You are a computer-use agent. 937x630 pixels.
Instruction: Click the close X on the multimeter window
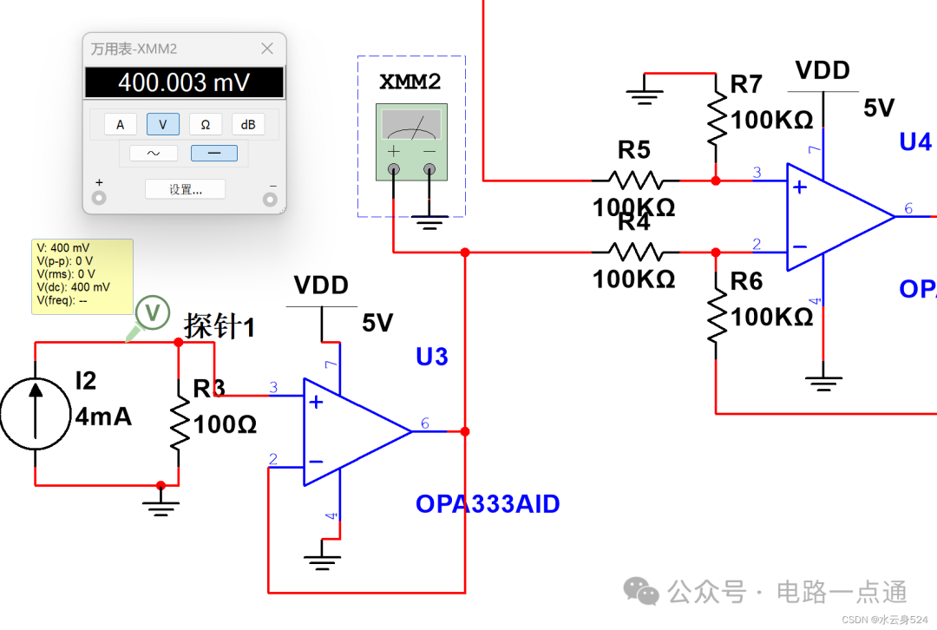pyautogui.click(x=267, y=49)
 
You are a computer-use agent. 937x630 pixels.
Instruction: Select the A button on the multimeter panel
pyautogui.click(x=121, y=125)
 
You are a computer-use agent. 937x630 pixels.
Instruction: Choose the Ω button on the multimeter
pyautogui.click(x=206, y=125)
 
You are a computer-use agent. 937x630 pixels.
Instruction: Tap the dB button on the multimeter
pyautogui.click(x=248, y=125)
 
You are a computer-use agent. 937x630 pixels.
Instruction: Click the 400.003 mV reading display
pyautogui.click(x=184, y=82)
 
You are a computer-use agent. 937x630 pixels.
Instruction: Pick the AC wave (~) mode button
pyautogui.click(x=154, y=154)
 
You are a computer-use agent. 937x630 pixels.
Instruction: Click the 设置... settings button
pyautogui.click(x=185, y=189)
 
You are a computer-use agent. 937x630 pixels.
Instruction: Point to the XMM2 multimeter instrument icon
pyautogui.click(x=411, y=142)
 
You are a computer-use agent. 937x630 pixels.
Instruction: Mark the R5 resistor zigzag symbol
pyautogui.click(x=634, y=180)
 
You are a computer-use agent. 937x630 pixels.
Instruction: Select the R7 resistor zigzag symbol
pyautogui.click(x=716, y=119)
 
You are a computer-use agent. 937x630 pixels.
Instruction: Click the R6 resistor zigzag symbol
pyautogui.click(x=716, y=316)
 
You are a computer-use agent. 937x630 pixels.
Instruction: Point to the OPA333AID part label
pyautogui.click(x=488, y=504)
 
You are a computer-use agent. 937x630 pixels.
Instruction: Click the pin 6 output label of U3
pyautogui.click(x=424, y=423)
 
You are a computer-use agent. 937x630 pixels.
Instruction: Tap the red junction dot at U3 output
pyautogui.click(x=465, y=431)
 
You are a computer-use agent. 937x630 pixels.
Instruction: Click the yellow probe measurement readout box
pyautogui.click(x=82, y=275)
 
